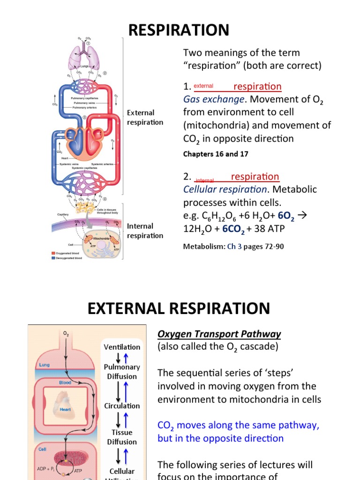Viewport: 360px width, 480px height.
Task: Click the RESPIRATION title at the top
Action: tap(179, 30)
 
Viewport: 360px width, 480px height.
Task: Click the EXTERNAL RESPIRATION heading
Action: tap(179, 308)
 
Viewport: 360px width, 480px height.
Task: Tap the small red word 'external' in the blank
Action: tap(203, 86)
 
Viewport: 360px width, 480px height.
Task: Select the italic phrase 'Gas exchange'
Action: tap(213, 99)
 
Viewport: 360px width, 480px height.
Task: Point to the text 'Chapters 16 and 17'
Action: tap(216, 154)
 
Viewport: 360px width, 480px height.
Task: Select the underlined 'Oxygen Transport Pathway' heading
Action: tap(219, 334)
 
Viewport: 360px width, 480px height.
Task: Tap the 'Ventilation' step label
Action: tap(122, 347)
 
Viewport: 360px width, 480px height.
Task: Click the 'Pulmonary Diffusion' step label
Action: tap(122, 372)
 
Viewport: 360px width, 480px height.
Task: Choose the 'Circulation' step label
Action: tap(122, 406)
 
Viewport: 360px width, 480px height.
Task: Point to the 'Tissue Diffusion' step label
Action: tap(122, 437)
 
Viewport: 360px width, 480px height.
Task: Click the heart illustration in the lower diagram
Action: tap(64, 404)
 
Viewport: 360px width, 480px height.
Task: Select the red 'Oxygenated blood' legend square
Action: tap(53, 253)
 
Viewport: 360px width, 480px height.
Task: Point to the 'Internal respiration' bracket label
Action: tap(145, 231)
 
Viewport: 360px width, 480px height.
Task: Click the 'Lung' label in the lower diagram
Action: tap(44, 365)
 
